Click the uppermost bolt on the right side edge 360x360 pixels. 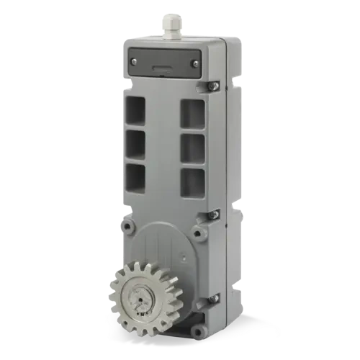(212, 86)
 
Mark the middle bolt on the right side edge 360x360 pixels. (212, 214)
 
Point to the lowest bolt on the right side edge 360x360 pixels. (212, 298)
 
